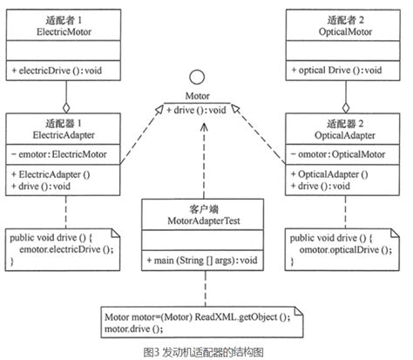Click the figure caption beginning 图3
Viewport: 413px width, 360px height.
click(206, 350)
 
